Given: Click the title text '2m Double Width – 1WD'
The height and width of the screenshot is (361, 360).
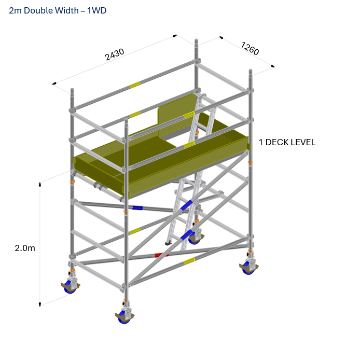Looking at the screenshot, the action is click(x=58, y=10).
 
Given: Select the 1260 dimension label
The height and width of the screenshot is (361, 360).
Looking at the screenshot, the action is click(x=250, y=48).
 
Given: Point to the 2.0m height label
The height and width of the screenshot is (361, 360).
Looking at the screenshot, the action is click(x=25, y=248).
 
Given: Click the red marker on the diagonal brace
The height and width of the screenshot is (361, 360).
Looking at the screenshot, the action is click(x=161, y=255).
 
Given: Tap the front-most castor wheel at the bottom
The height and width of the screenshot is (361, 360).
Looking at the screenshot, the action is click(x=124, y=317).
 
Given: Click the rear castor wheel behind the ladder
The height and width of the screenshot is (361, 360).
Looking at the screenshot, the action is click(x=195, y=239).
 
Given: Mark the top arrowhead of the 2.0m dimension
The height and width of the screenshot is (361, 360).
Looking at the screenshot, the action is click(x=40, y=184).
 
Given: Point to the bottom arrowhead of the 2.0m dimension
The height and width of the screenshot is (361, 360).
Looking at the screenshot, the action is click(x=40, y=304).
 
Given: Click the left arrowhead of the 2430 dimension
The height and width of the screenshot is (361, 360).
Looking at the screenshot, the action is click(x=54, y=83).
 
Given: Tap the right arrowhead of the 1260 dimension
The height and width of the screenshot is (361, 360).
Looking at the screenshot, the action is click(x=273, y=66).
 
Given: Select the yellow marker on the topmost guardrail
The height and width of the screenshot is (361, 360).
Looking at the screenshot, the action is click(x=135, y=85).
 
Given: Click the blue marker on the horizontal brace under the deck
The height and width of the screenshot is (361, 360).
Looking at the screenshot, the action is click(x=137, y=208).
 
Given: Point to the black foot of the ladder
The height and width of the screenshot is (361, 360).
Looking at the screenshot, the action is click(x=169, y=242).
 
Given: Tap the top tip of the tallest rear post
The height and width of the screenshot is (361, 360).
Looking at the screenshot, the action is click(x=196, y=40).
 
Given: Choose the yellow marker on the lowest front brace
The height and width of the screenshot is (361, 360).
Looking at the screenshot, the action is click(x=189, y=261).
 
